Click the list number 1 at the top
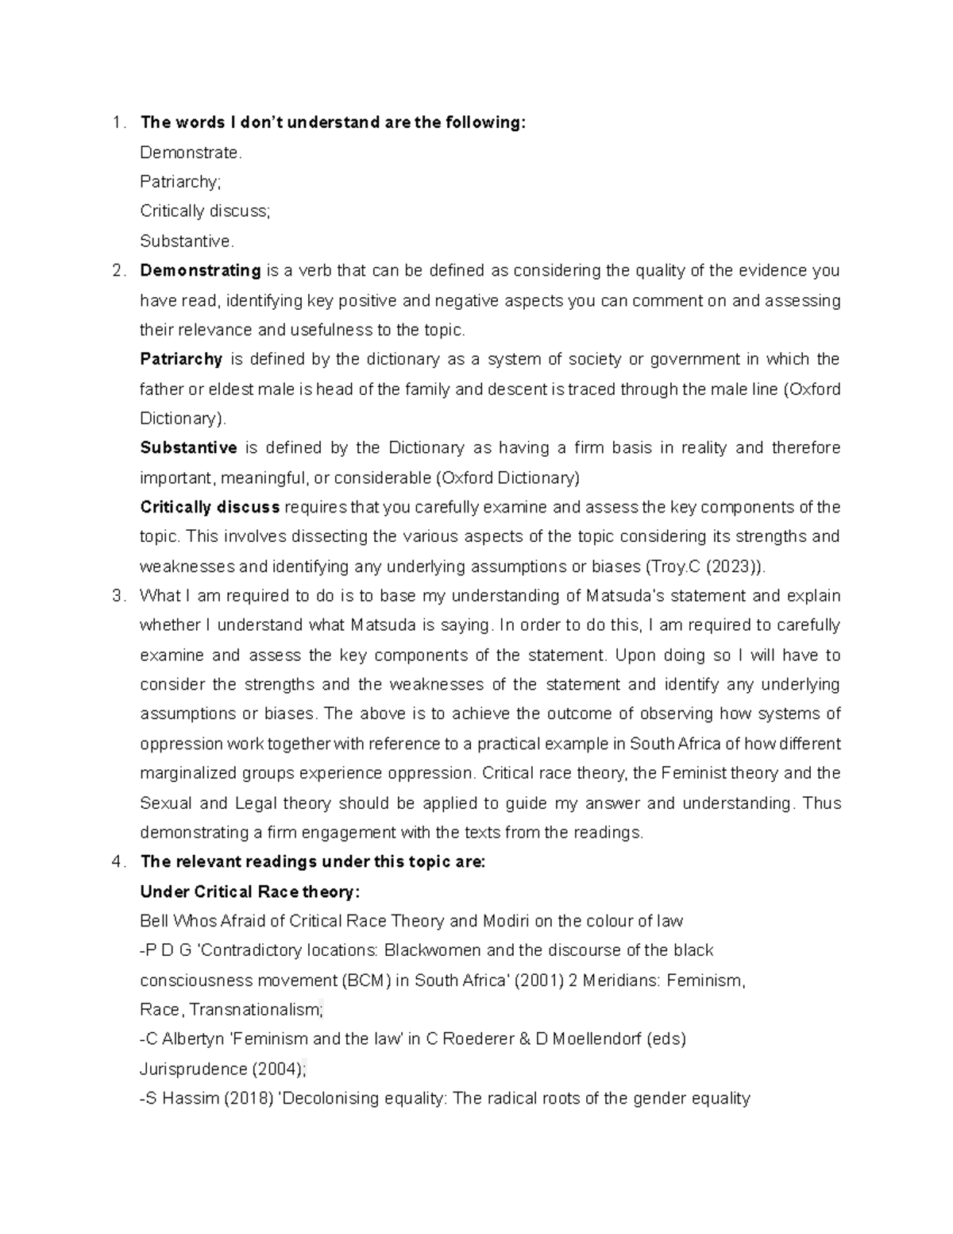coord(118,123)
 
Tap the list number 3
coord(118,596)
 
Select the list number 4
coord(118,862)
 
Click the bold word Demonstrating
coord(200,271)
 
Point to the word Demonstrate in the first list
coord(190,153)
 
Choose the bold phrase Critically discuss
coord(210,507)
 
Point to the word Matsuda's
coord(625,596)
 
